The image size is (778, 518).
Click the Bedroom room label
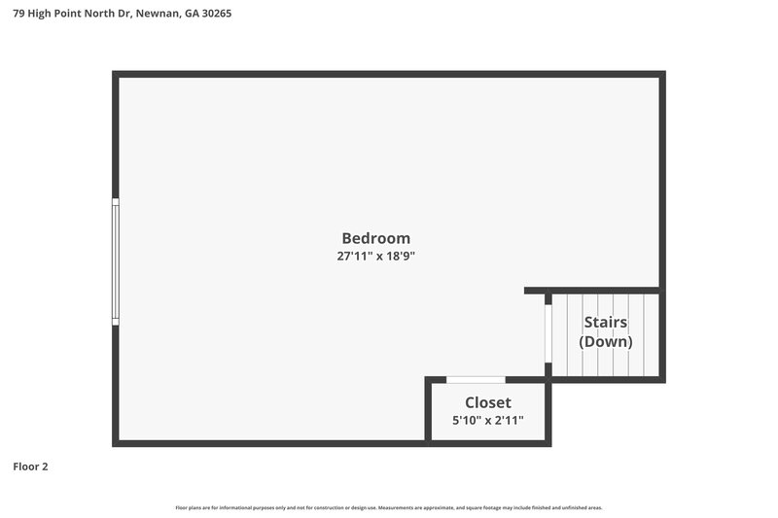[x=375, y=238]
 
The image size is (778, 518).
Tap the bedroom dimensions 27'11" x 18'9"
[x=375, y=257]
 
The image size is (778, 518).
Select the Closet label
[x=487, y=402]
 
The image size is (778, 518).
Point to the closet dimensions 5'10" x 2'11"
[x=487, y=421]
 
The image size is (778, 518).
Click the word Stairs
[x=605, y=323]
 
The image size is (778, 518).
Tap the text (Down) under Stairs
[x=605, y=342]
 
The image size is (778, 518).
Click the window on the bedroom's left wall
[x=116, y=261]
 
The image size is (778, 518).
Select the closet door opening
[x=476, y=379]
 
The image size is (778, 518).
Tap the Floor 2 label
[x=30, y=466]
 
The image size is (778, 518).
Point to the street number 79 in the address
[x=18, y=14]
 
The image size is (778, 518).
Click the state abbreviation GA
[x=191, y=14]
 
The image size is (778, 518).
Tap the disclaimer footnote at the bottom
[x=388, y=507]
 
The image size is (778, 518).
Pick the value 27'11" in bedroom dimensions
[x=352, y=257]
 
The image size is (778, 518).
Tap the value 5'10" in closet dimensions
[x=467, y=421]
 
